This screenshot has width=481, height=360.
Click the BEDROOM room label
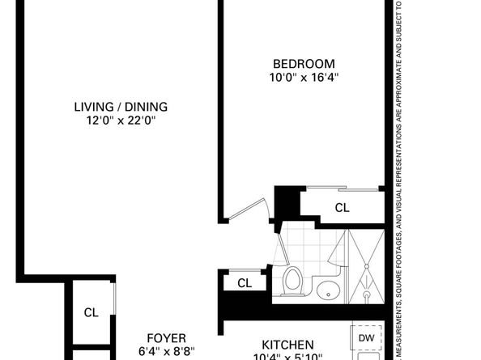tap(304, 64)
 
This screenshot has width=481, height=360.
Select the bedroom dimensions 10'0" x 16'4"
tap(304, 78)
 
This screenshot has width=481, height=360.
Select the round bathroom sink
tap(329, 289)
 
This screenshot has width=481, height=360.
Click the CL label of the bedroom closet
tap(343, 208)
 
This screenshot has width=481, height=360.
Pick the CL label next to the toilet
tap(244, 283)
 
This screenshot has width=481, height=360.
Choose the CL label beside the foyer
tap(92, 312)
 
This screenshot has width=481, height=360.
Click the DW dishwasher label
tap(366, 338)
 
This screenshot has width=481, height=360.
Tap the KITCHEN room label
tap(287, 345)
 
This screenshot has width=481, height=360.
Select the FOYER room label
tap(166, 338)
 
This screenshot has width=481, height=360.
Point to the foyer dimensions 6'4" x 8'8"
tap(166, 352)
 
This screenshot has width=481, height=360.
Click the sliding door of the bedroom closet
tap(341, 189)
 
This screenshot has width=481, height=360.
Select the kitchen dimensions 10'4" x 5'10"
tap(287, 357)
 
